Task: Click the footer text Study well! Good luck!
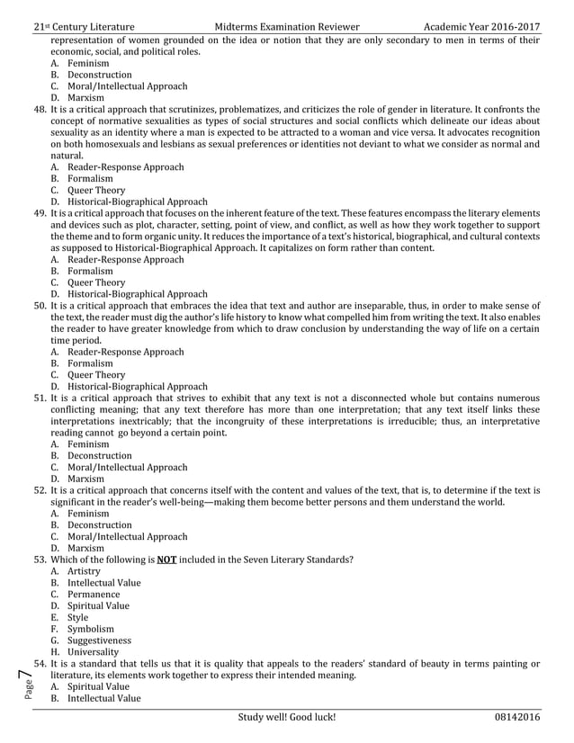(287, 717)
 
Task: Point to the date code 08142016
(517, 717)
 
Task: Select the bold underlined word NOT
(166, 559)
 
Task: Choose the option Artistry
(84, 571)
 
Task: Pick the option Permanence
(93, 595)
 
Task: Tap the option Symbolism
(90, 629)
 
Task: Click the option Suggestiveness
(99, 640)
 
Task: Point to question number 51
(40, 398)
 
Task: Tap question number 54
(40, 664)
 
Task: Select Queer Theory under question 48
(95, 191)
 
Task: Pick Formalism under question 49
(90, 271)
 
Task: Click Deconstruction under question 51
(99, 456)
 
